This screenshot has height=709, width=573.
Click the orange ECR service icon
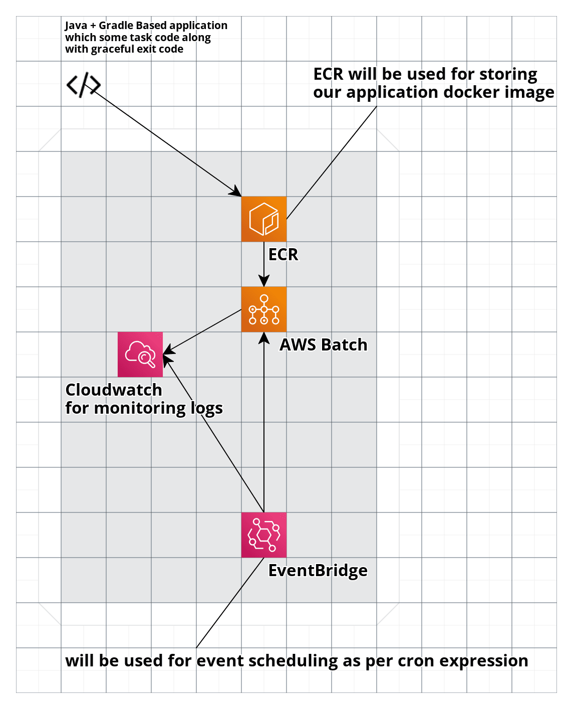coord(263,219)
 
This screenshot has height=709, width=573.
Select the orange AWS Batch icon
coord(263,309)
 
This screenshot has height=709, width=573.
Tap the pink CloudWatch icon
coord(140,354)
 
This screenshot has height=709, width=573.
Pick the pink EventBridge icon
coord(263,535)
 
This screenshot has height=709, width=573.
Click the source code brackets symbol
coord(83,85)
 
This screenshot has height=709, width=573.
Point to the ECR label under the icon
coord(283,255)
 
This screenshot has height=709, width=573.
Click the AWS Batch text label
coord(323,345)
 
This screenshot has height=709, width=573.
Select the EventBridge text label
coord(318,571)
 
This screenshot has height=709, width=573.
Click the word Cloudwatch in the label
coord(114,390)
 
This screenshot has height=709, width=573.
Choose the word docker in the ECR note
coord(455,92)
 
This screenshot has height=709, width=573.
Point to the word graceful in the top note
coord(113,49)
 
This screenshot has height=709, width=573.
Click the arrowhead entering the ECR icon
coord(236,192)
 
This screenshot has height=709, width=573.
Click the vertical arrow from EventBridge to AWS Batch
coord(264,426)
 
